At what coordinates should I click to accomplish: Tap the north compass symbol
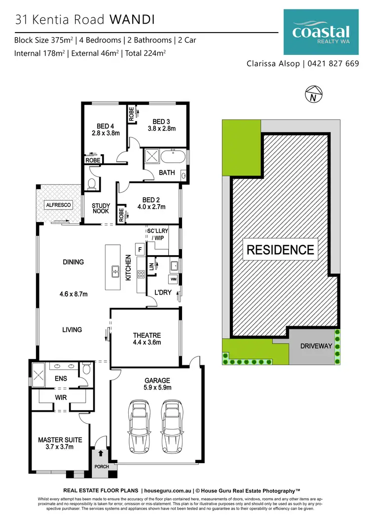pos(313,94)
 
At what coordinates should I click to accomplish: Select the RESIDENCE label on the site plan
pos(280,250)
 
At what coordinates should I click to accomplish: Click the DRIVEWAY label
pos(316,346)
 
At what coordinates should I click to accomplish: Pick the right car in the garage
pos(172,426)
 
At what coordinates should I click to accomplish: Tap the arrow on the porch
pos(101,453)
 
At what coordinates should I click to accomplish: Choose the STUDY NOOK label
pos(101,209)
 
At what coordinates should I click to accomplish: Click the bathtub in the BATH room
pos(173,158)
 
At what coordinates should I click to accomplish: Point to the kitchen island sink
pos(115,270)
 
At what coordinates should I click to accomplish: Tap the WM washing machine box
pos(173,279)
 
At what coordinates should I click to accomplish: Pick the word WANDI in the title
pos(133,20)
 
